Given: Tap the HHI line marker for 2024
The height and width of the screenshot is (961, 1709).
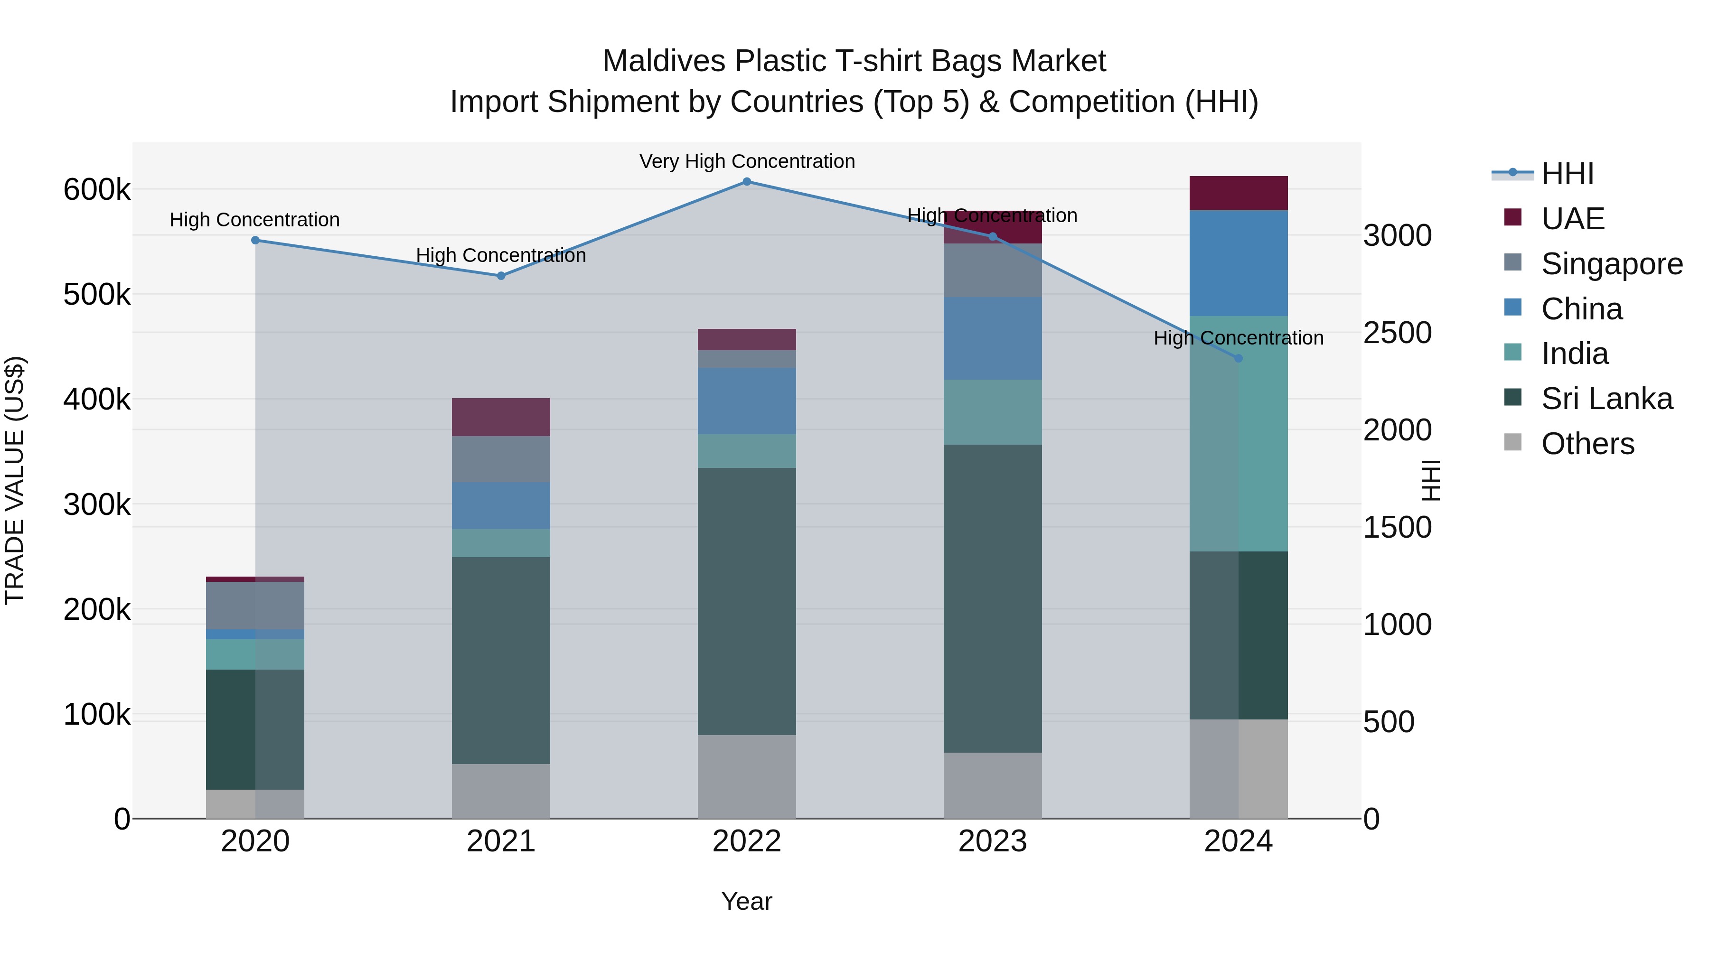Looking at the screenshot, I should point(1238,358).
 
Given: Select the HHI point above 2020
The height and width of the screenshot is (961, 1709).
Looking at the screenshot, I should point(255,240).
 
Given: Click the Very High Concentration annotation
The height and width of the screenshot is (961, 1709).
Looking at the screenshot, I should point(747,162).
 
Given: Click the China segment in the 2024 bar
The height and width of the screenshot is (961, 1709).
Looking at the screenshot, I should point(1238,262).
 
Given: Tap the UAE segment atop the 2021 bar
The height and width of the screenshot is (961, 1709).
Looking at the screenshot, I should point(501,417).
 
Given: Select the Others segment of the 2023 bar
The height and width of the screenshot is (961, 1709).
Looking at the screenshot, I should point(993,785).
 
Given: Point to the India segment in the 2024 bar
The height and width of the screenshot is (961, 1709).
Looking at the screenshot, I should point(1238,434).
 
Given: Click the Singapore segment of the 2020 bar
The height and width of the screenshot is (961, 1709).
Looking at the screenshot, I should point(255,606).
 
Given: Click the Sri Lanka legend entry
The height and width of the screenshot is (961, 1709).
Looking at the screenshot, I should point(1606,399).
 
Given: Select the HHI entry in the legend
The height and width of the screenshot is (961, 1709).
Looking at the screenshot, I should point(1567,174).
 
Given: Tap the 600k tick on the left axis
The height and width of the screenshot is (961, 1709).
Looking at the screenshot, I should point(97,190).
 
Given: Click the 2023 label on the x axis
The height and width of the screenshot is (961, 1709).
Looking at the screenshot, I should point(993,841).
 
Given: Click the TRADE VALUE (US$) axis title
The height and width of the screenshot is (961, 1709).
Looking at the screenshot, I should point(15,480).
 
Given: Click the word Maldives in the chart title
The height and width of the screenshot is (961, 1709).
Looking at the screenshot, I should point(664,61).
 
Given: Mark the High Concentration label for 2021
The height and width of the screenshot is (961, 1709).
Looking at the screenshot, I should point(501,255).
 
